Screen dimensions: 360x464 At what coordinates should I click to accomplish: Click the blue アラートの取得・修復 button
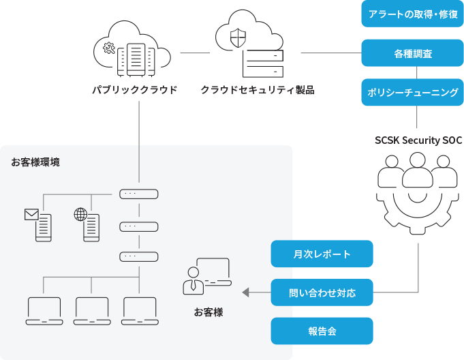412,14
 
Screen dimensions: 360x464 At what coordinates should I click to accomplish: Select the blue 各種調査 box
412,52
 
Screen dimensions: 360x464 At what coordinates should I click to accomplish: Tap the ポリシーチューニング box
412,92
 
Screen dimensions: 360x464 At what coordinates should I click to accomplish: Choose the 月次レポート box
322,254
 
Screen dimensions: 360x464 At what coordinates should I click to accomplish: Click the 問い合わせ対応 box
322,292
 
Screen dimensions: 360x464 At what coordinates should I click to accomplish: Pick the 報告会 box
322,331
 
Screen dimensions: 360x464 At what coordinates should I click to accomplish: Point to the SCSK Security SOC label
418,140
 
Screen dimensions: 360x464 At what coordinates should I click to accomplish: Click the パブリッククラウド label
135,89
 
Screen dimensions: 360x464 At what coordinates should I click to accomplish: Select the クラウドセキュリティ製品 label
258,89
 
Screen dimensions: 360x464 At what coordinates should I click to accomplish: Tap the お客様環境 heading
35,162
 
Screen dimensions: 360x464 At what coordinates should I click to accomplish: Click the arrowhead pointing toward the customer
247,293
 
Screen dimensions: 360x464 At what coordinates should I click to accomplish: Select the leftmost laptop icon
44,311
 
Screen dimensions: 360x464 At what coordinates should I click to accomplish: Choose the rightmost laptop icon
140,311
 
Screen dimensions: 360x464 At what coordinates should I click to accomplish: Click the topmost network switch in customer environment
140,194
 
